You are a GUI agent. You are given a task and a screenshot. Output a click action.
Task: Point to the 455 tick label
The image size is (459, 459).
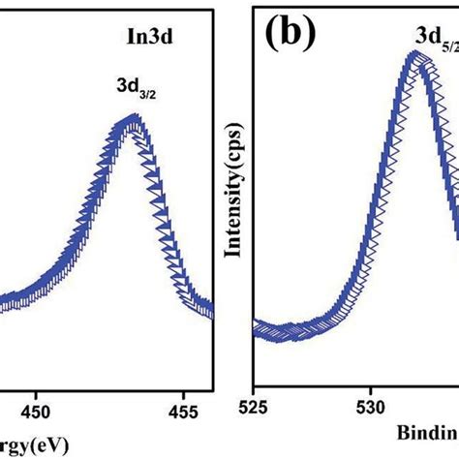coord(182,411)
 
